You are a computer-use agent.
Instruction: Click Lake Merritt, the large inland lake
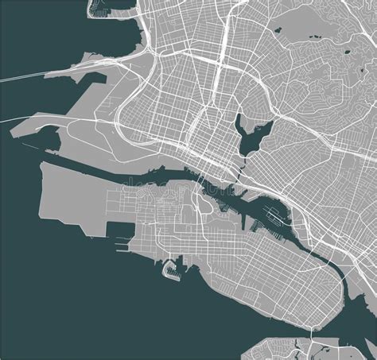click(247, 132)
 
